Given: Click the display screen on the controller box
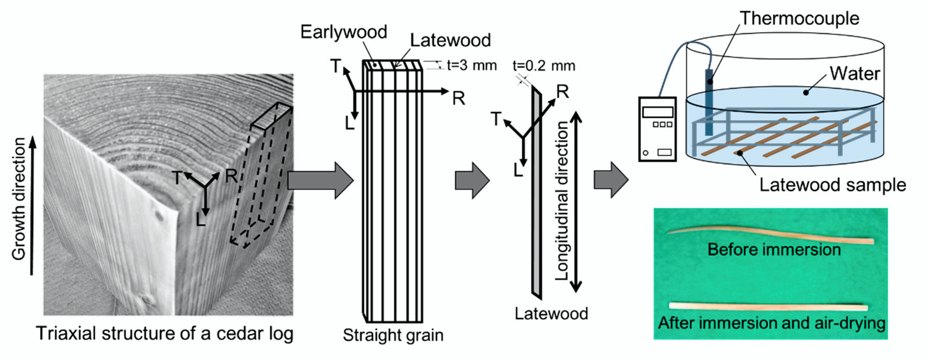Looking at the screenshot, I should point(657,112).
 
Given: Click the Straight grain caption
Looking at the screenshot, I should point(393,335).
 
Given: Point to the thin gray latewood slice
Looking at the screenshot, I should point(536,194).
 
